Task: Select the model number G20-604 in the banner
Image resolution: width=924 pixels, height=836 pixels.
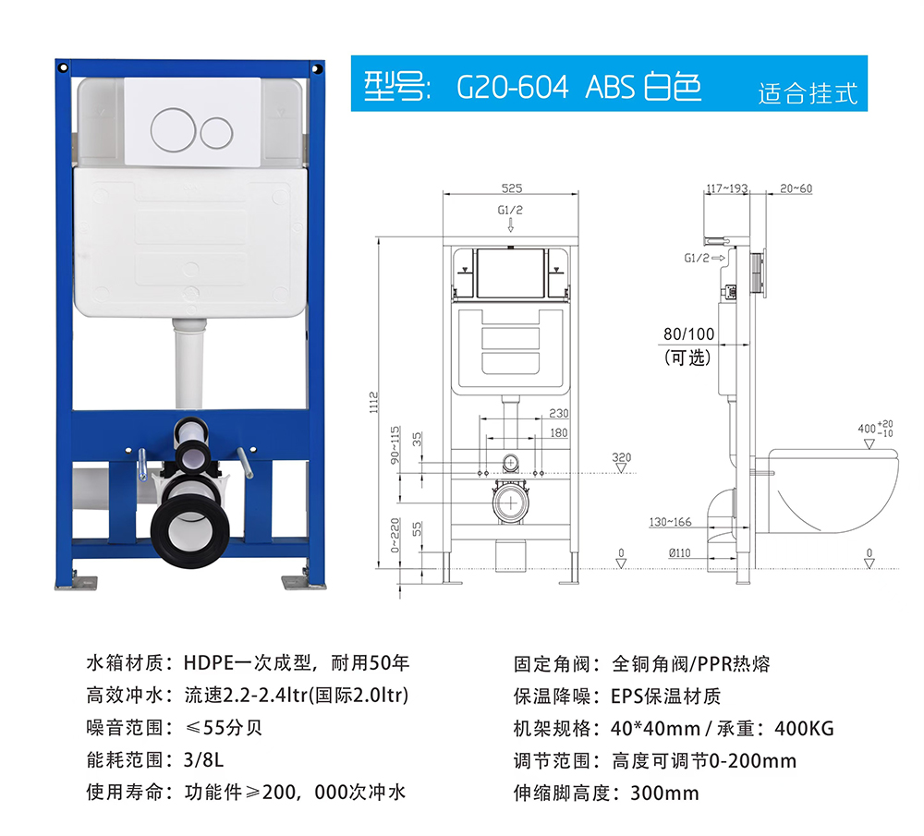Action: [512, 87]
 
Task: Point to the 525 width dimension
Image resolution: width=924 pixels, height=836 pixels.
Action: [512, 188]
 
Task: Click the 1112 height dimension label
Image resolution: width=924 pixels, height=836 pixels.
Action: [373, 403]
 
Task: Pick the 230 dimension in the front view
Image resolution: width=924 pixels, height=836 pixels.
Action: [559, 414]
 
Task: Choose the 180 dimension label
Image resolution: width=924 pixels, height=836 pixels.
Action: [559, 433]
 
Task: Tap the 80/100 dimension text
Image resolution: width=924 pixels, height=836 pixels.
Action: [688, 334]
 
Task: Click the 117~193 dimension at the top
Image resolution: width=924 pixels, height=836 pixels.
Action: [727, 188]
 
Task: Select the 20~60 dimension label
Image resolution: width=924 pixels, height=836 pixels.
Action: [796, 188]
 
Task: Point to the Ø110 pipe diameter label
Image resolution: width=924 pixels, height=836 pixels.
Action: [679, 552]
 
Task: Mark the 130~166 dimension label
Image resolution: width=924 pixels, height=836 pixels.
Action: [670, 522]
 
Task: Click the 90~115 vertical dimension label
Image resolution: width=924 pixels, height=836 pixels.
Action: [395, 445]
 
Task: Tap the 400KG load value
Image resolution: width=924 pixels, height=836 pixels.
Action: [804, 729]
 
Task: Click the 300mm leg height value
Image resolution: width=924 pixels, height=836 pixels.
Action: [664, 793]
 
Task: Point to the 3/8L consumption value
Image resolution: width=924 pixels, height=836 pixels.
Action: [204, 760]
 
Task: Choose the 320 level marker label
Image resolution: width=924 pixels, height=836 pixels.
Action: [621, 457]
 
